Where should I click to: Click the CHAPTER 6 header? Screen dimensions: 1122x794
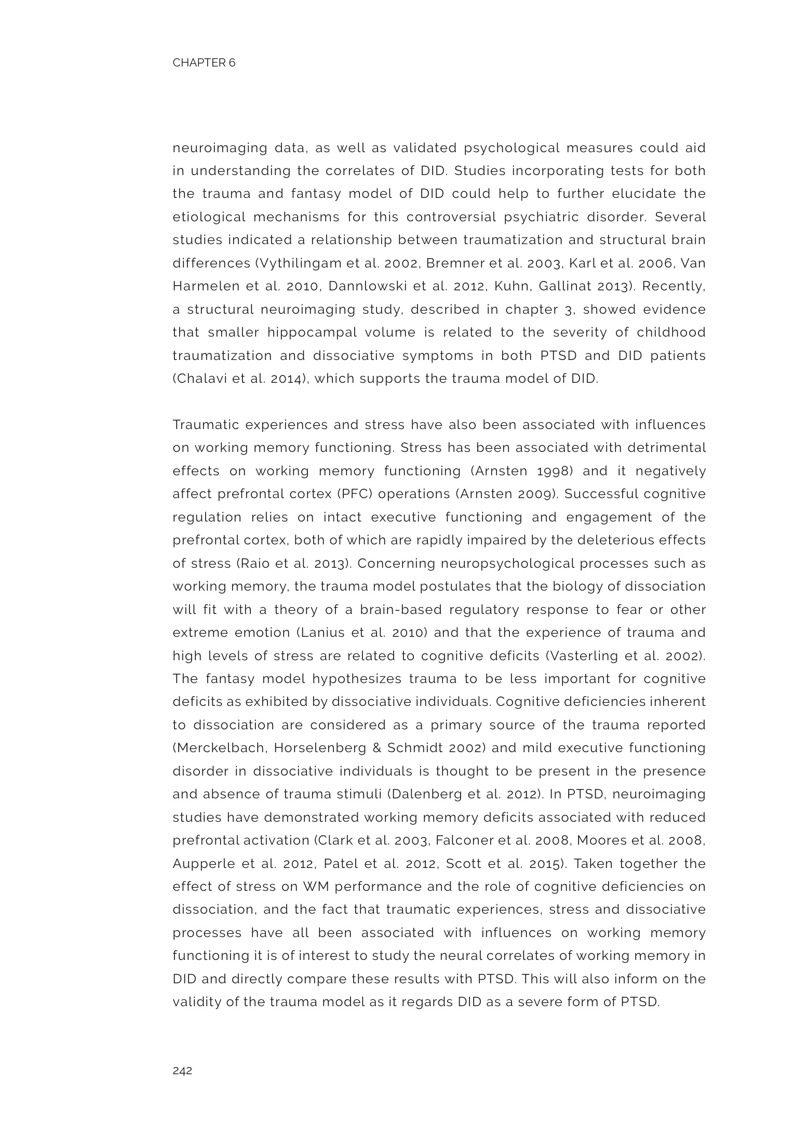pyautogui.click(x=204, y=63)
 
